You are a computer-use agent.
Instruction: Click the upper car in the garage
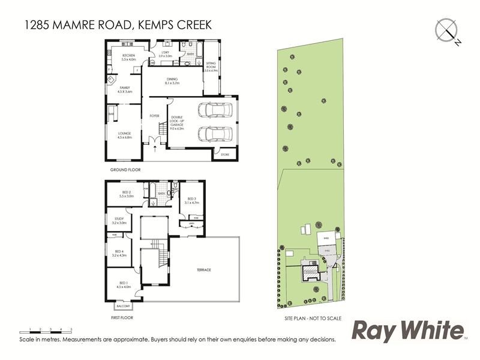[213, 110]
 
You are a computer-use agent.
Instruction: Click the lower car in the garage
[213, 134]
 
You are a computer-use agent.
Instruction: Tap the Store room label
[225, 154]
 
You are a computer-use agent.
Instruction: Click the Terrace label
[203, 270]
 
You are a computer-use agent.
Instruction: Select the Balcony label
[123, 306]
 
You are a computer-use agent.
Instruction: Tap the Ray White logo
[408, 331]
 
